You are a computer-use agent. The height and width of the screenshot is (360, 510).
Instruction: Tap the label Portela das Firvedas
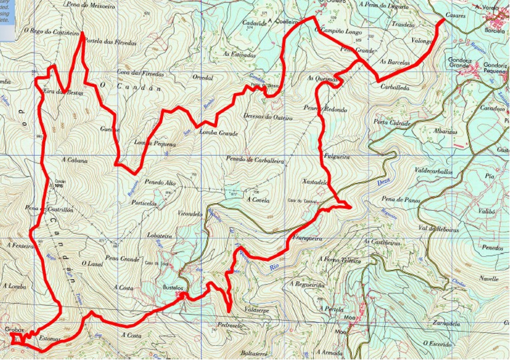[110, 42]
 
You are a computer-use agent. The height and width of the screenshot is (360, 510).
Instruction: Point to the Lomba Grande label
[219, 133]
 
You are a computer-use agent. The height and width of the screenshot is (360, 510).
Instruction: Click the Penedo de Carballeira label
[255, 159]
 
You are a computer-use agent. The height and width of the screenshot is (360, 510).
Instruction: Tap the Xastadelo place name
[313, 182]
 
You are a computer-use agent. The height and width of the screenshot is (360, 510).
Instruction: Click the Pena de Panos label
[400, 201]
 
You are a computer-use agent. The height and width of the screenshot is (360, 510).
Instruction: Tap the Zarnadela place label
[446, 324]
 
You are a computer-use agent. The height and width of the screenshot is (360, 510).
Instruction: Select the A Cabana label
[74, 160]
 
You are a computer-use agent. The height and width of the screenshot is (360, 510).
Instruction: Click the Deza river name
[382, 184]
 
